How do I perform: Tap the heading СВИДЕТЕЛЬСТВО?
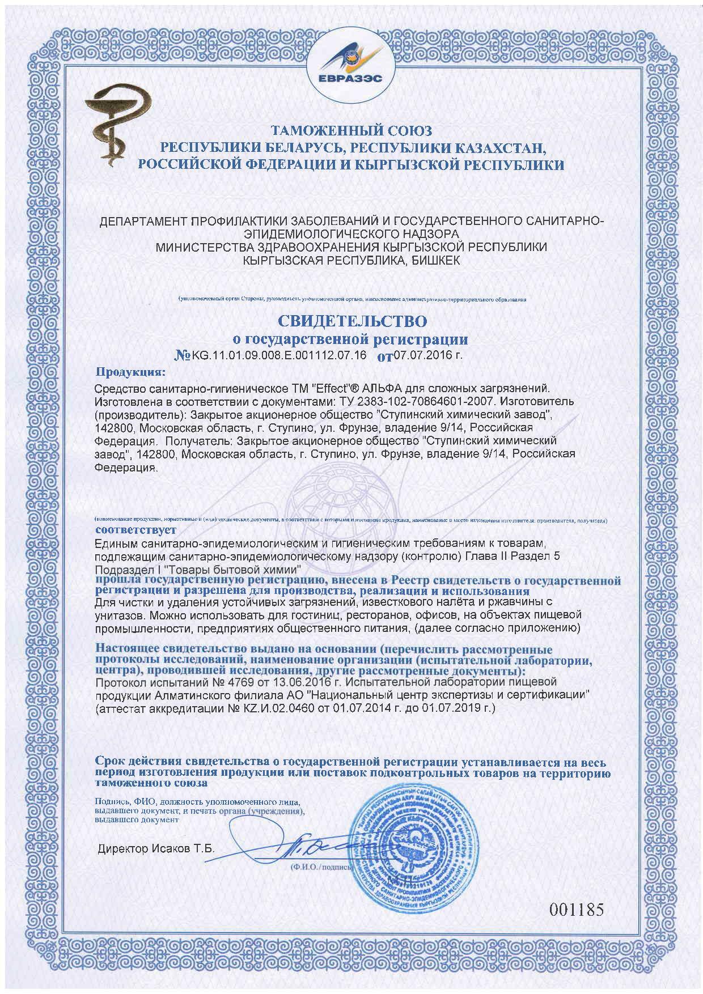coord(351,321)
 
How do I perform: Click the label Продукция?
coord(130,373)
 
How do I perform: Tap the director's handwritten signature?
coord(317,850)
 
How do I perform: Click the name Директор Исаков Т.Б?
coord(156,849)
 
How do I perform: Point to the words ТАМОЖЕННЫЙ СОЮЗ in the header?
coord(351,131)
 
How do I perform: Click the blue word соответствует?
coord(135,530)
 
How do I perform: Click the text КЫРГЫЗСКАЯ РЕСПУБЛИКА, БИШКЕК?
coord(351,260)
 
